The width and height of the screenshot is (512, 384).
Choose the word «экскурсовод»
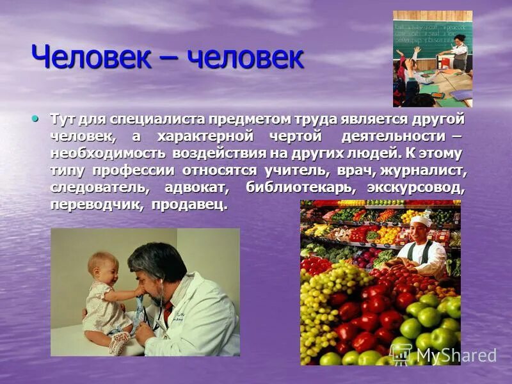point(416,188)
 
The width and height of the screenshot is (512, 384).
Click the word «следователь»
point(100,188)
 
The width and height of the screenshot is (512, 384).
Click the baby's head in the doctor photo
point(103,266)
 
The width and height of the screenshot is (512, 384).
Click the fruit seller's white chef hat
point(420,221)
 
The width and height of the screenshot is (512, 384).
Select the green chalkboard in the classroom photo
point(425,35)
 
